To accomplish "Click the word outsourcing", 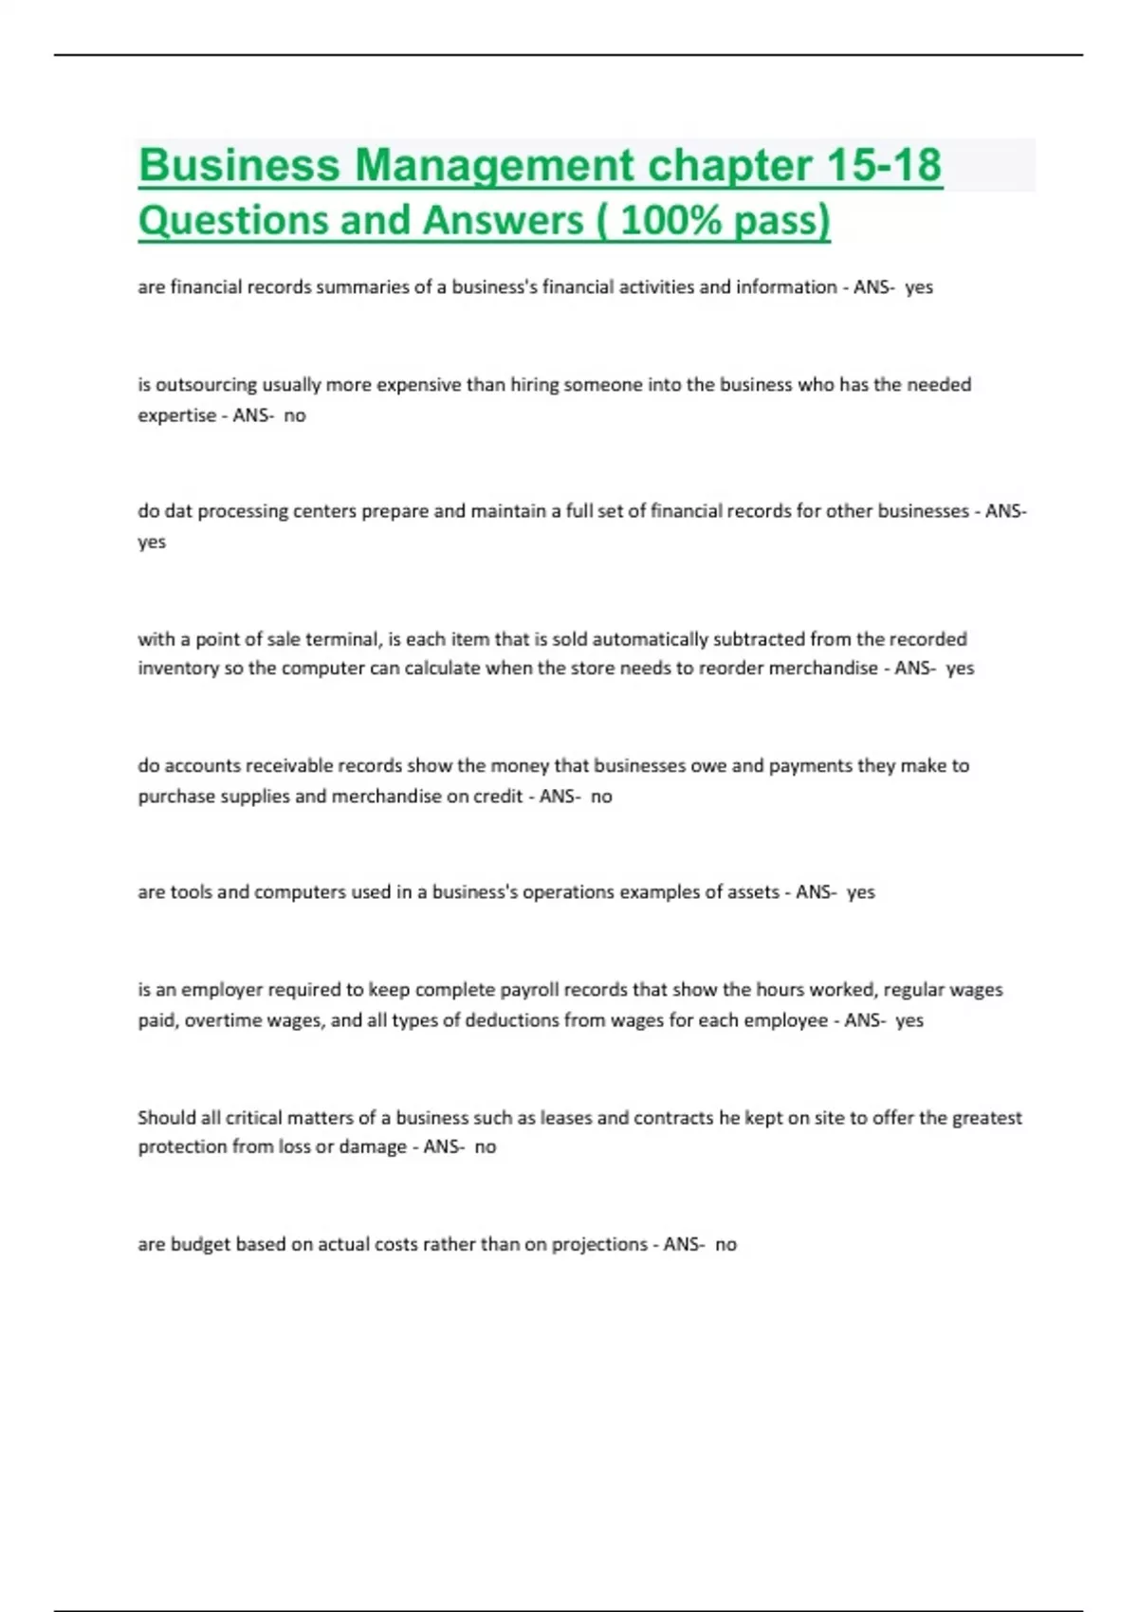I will pos(206,385).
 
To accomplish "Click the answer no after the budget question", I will pos(725,1245).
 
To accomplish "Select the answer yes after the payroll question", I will pos(909,1021).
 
